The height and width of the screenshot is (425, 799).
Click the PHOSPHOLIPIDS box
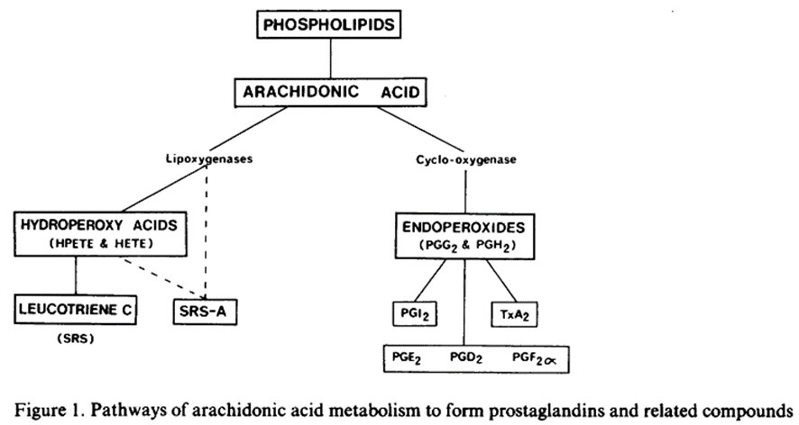328,24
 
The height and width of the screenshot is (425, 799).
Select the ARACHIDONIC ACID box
329,92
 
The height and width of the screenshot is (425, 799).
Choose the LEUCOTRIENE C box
74,310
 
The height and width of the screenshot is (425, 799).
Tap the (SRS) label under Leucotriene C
73,340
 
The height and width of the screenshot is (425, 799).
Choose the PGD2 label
466,357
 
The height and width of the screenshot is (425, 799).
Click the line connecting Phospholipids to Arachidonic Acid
328,59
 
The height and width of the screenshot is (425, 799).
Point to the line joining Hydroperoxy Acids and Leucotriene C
74,274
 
